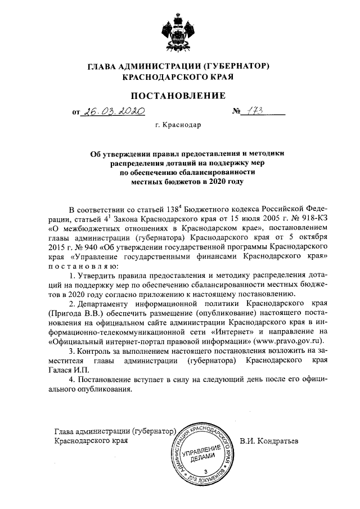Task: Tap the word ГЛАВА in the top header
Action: [x=103, y=66]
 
